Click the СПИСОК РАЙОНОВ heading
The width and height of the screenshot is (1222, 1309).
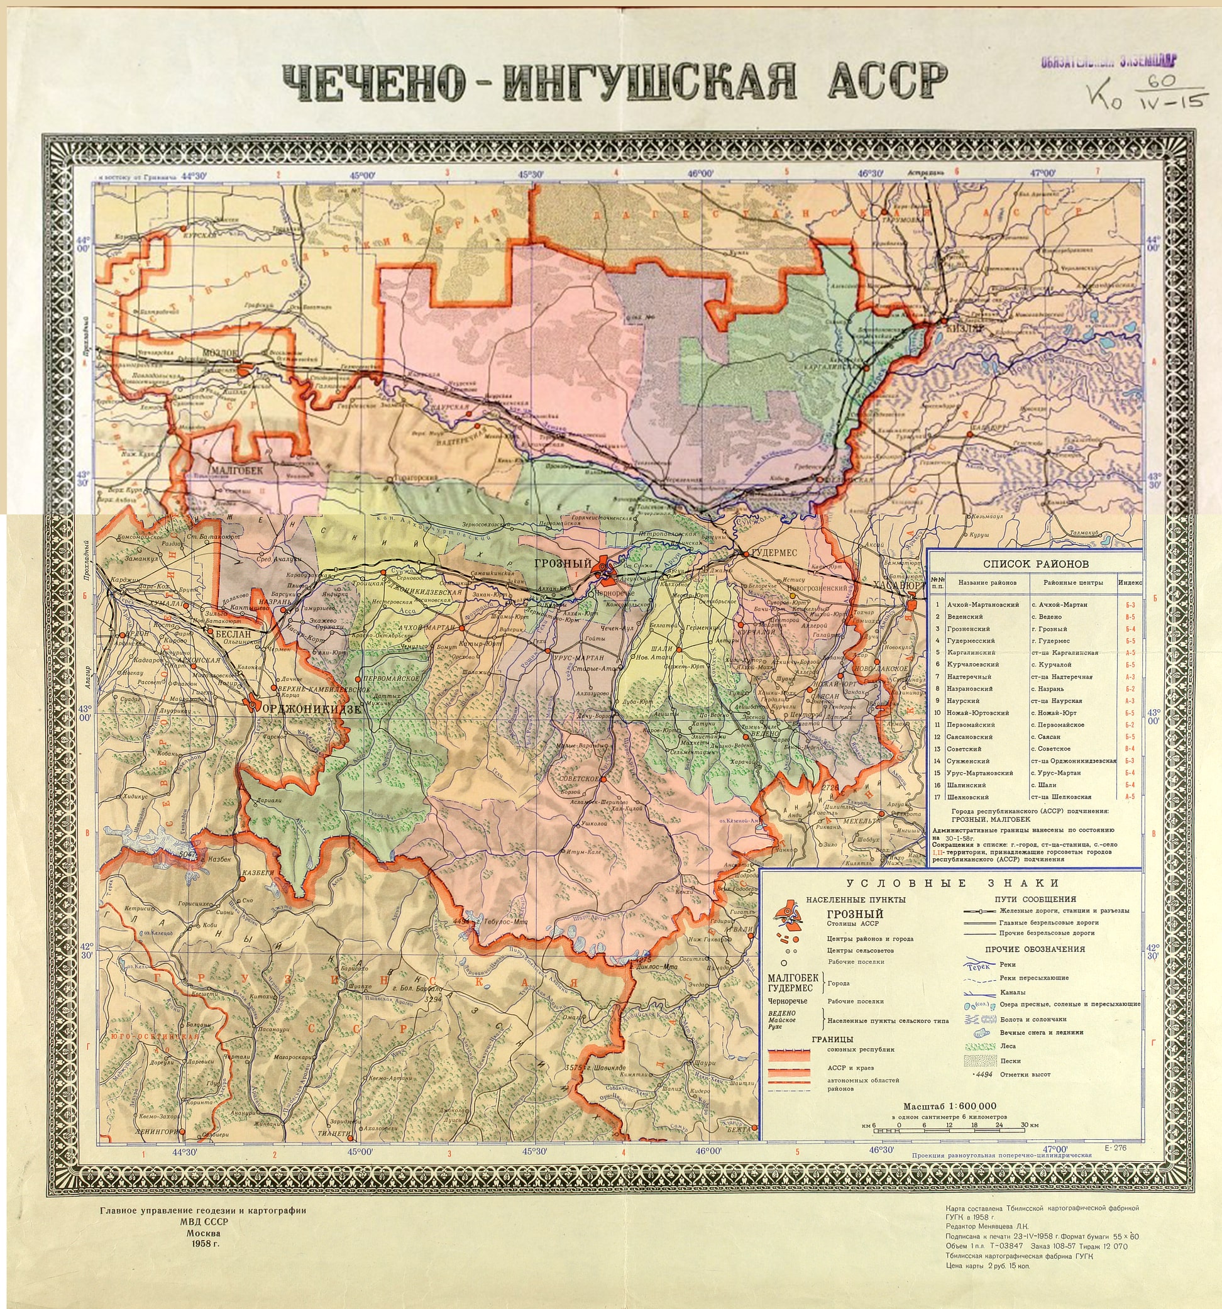pyautogui.click(x=1036, y=563)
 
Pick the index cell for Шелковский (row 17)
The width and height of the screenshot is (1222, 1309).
pyautogui.click(x=1130, y=797)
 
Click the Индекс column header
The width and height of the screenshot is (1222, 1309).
pyautogui.click(x=1130, y=583)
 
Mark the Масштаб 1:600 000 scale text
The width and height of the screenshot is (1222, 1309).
pyautogui.click(x=949, y=1105)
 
